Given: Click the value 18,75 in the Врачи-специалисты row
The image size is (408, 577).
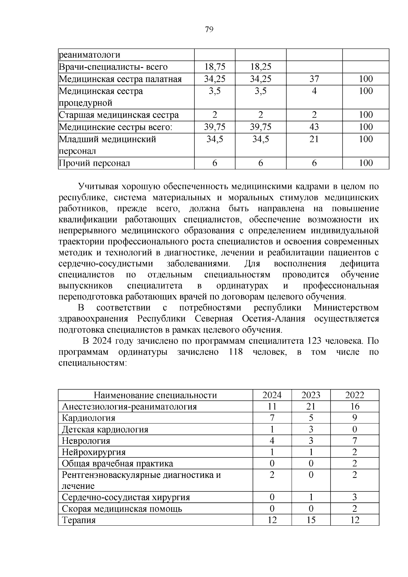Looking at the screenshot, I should click(215, 67).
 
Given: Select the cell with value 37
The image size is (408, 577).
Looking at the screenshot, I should click(314, 79).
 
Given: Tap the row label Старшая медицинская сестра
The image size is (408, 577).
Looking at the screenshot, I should click(119, 115).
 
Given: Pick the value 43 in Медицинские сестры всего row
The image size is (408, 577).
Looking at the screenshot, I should click(314, 127).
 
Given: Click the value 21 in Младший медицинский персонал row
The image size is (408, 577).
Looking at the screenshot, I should click(314, 139).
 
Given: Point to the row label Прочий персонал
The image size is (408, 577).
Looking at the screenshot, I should click(94, 163).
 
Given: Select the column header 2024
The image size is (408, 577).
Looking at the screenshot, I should click(272, 395).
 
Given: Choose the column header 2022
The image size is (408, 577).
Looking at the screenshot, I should click(355, 395).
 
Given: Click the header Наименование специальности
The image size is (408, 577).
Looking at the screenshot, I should click(155, 395).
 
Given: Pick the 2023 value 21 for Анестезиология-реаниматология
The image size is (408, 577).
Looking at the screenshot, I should click(311, 407).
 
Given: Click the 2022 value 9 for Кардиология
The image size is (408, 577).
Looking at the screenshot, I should click(355, 418).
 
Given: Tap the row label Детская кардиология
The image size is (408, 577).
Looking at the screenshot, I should click(105, 430).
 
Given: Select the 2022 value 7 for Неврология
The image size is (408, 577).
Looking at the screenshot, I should click(355, 441).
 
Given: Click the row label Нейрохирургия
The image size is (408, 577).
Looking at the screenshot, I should click(94, 452).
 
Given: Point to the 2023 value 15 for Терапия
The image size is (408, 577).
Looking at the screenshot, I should click(311, 520).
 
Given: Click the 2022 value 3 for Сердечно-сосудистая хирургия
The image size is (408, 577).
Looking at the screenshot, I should click(355, 497).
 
